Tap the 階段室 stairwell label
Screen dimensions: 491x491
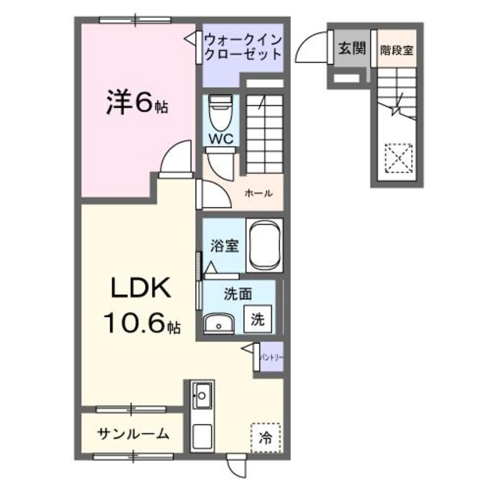coord(397,49)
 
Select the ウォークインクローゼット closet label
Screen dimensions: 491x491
coord(242,47)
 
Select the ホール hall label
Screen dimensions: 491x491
coord(259,193)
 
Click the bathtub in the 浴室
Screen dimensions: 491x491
coord(264,246)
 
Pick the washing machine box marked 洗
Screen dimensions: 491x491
coord(259,319)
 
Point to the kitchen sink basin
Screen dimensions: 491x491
coord(202,396)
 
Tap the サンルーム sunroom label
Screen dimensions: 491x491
coord(133,433)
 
